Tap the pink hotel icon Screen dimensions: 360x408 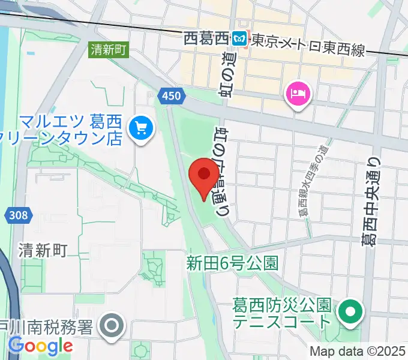298,94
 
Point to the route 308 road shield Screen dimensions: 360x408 19,215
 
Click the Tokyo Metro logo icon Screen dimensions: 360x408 240,38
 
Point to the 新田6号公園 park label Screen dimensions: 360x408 232,263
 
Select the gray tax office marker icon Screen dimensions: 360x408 112,327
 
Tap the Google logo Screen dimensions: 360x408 40,346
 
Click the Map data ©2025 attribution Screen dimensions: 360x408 358,351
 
